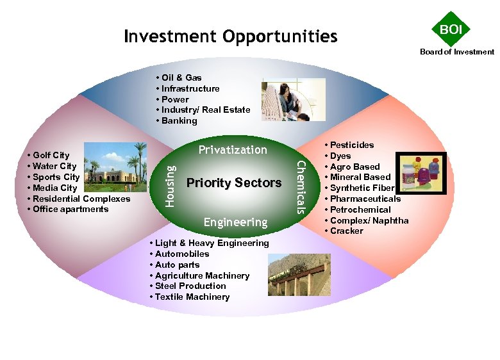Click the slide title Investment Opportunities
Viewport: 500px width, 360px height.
point(230,37)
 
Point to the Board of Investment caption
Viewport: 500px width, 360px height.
point(457,52)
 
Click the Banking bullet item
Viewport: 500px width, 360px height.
point(179,120)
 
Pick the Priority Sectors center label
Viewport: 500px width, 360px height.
point(233,183)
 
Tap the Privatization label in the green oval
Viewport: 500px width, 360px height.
point(232,150)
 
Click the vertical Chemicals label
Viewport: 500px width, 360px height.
point(300,188)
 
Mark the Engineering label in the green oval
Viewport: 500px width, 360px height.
point(235,222)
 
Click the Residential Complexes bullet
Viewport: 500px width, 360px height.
point(81,199)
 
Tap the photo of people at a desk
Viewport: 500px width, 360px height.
point(293,100)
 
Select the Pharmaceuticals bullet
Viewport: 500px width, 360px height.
point(365,199)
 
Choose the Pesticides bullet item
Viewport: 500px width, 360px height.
point(351,145)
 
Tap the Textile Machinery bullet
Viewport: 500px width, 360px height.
point(192,297)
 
